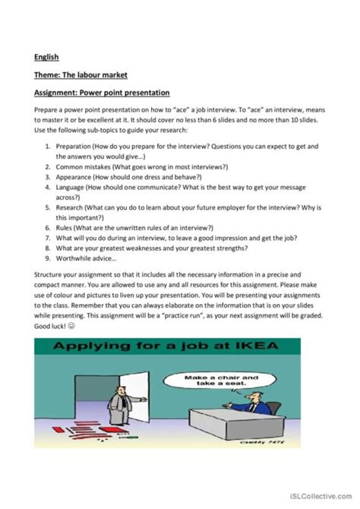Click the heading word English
click(46, 56)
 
